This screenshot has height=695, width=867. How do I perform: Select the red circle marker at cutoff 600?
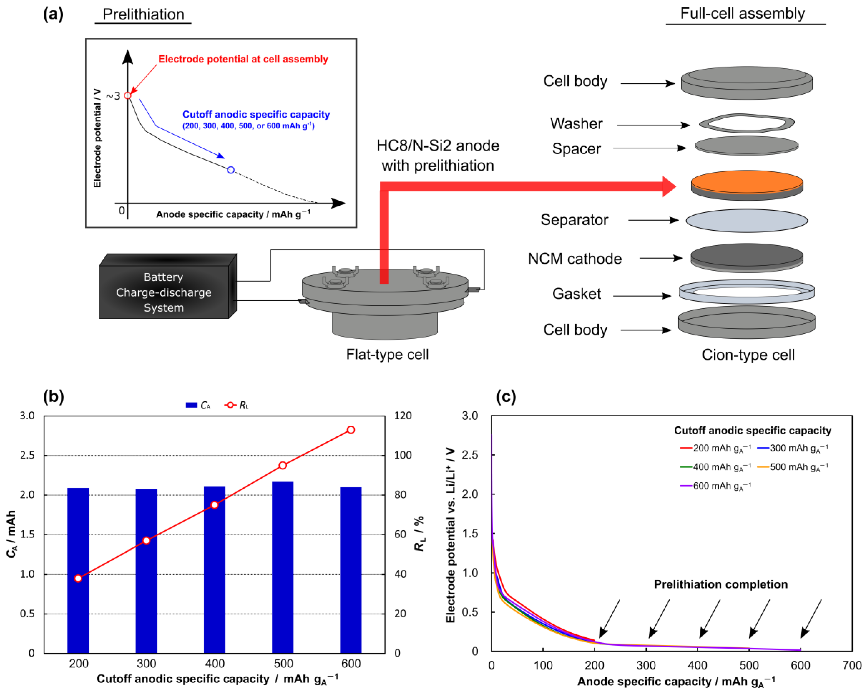click(x=351, y=430)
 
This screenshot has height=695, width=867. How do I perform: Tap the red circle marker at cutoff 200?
click(x=78, y=578)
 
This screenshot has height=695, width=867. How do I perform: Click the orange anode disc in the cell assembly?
click(x=747, y=182)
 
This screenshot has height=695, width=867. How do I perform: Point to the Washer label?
click(x=576, y=124)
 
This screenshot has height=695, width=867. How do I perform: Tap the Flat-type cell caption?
click(x=387, y=354)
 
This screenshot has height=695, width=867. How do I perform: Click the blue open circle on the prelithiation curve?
click(x=231, y=170)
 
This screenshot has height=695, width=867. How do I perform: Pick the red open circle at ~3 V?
click(x=128, y=95)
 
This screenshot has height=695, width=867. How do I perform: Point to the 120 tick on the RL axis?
click(x=403, y=416)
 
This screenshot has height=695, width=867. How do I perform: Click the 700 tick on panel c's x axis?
click(x=852, y=665)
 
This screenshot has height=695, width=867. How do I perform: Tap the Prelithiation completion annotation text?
click(x=721, y=584)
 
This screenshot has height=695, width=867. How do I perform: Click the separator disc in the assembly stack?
click(x=747, y=220)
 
